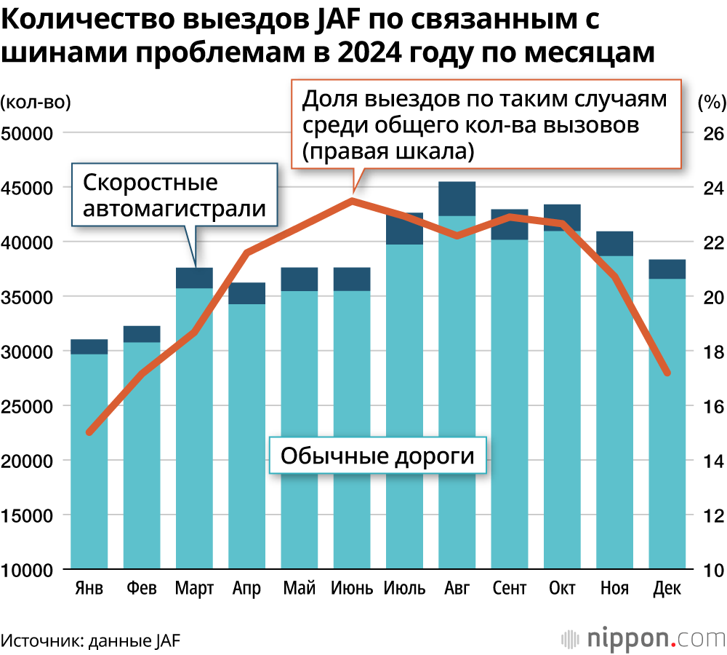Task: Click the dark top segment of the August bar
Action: click(457, 199)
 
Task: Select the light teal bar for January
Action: click(89, 461)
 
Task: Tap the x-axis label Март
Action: click(194, 588)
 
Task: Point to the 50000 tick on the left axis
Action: click(31, 133)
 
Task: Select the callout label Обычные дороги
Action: click(377, 456)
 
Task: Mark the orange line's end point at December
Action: click(667, 373)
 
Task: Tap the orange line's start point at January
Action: click(89, 432)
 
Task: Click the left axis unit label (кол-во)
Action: click(36, 102)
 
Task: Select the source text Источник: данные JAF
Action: click(91, 640)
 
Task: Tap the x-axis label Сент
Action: click(509, 588)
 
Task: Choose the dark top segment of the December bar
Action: click(667, 269)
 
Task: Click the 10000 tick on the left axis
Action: click(31, 570)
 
